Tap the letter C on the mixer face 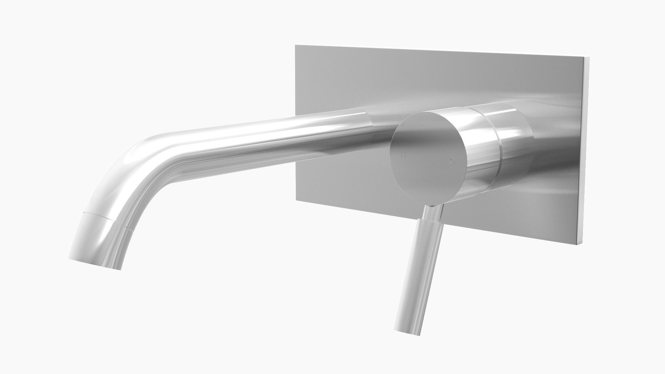point(452,160)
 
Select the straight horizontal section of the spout point(260,139)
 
